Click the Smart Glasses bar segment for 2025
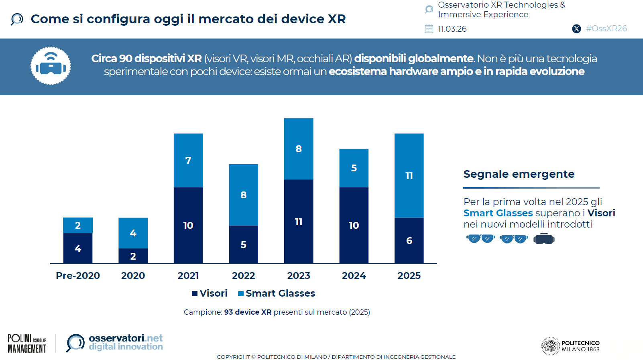coord(409,175)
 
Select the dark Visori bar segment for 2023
coord(299,222)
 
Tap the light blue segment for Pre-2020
coord(78,225)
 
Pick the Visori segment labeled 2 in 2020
coord(133,256)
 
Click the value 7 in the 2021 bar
coord(188,161)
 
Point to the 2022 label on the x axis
coord(243,276)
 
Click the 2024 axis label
coord(354,276)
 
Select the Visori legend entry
coord(210,293)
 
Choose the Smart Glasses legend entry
coord(277,293)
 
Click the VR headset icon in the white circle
coord(51,66)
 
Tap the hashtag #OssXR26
coord(606,28)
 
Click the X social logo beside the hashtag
coord(576,29)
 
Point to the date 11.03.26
coord(452,29)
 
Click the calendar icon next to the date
coord(429,29)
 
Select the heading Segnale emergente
coord(519,174)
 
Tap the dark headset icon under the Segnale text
coord(544,239)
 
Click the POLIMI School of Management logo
coord(27,344)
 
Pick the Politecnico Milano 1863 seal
coord(550,346)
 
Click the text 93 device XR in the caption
coord(248,312)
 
